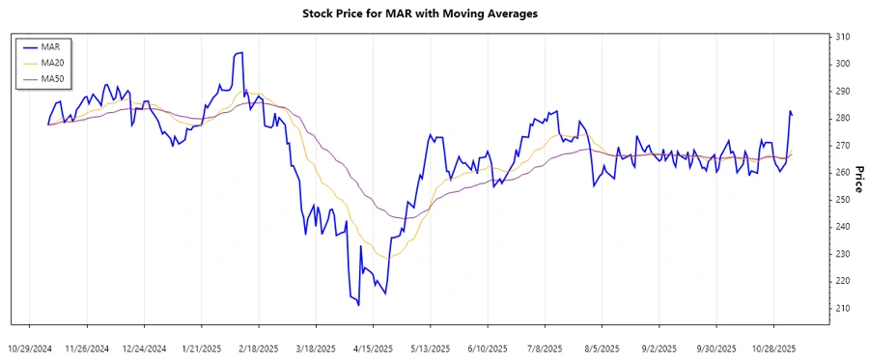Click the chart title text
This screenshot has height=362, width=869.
(x=434, y=14)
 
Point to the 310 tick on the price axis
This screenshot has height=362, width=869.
(x=843, y=37)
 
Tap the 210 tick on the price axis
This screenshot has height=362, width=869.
(x=843, y=308)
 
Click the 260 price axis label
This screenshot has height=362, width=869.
(x=843, y=172)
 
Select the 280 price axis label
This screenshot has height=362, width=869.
(x=843, y=118)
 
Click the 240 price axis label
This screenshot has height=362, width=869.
(x=843, y=226)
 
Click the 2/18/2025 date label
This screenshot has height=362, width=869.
(x=258, y=348)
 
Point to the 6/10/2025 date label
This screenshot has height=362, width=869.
(x=487, y=348)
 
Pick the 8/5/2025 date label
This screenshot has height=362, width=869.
(x=602, y=348)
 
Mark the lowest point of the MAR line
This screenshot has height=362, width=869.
(x=358, y=305)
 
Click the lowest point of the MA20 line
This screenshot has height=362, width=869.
(x=388, y=259)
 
